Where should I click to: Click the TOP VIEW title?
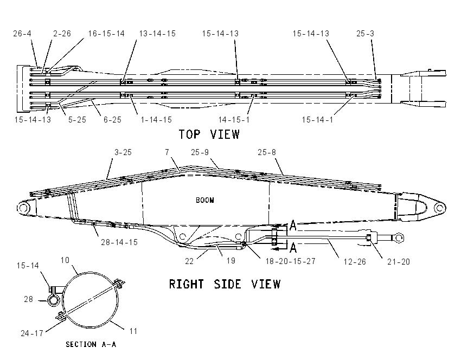coord(209,134)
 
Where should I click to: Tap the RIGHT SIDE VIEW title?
coord(225,284)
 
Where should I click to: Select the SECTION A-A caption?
coord(91,344)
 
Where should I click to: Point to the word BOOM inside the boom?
coord(205,200)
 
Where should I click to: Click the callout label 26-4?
coord(22,34)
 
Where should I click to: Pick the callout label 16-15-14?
coord(106,34)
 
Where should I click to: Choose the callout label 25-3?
coord(365,34)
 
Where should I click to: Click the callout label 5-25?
coord(77,120)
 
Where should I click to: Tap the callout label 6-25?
coord(112,120)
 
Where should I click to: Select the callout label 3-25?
coord(123,152)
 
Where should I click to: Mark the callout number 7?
coord(167,152)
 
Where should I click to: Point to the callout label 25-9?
coord(200,152)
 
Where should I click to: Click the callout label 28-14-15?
coord(119,242)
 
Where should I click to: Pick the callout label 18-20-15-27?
coord(291,261)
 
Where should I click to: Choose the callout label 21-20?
coord(399,261)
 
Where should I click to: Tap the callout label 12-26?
coord(355,261)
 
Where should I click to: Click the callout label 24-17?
coord(32,333)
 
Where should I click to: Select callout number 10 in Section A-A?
coord(65,260)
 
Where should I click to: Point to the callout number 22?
coord(189,261)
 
